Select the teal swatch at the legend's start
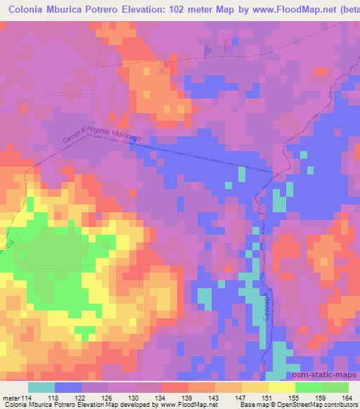tap(41, 387)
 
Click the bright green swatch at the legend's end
tap(335, 387)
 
